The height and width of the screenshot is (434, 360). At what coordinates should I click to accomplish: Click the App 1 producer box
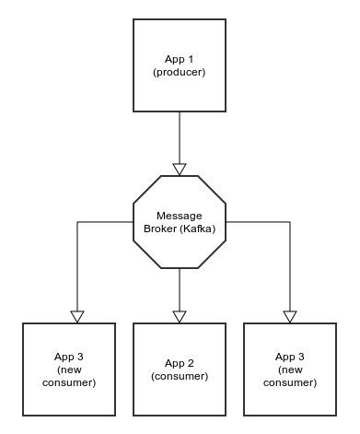[180, 65]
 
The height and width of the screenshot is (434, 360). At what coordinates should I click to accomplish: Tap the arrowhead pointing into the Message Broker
[180, 169]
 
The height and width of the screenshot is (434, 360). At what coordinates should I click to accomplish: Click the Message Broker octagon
[180, 222]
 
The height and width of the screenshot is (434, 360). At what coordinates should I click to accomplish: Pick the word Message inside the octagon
[180, 216]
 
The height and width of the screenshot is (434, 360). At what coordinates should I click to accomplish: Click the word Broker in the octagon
[160, 229]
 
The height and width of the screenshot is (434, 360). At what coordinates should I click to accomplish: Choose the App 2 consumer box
[180, 369]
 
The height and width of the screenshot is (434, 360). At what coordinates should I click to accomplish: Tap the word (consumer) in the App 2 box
[180, 376]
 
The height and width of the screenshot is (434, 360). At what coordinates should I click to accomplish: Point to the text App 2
[180, 362]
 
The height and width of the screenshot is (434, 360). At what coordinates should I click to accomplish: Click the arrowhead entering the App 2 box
[180, 316]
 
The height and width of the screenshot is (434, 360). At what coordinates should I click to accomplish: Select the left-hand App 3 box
[69, 369]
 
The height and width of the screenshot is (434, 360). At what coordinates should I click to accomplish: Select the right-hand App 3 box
[290, 369]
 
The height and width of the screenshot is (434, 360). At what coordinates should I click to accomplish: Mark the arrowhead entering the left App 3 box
[77, 316]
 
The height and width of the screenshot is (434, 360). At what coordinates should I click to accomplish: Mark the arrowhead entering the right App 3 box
[290, 316]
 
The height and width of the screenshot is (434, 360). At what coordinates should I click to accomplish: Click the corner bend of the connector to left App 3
[77, 222]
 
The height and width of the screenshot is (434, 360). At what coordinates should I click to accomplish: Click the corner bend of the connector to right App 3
[290, 222]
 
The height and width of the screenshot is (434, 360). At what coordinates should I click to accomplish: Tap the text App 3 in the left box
[69, 356]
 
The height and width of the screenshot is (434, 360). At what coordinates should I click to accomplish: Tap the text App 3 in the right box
[290, 356]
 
